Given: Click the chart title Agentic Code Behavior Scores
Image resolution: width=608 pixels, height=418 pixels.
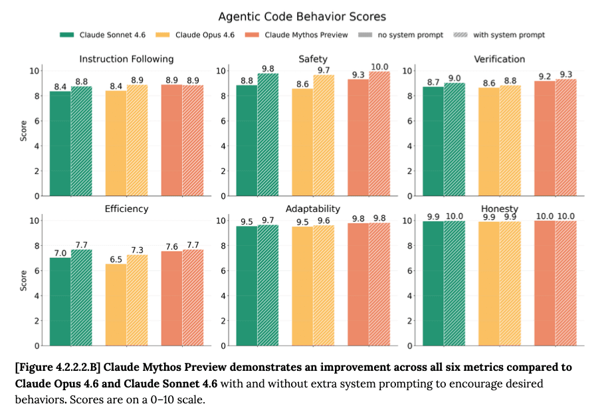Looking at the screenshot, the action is point(302,17).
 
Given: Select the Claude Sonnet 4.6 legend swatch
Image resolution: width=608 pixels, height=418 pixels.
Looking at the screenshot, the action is point(66,35).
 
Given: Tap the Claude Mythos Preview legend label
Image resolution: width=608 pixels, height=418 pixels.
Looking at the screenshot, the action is point(306,35).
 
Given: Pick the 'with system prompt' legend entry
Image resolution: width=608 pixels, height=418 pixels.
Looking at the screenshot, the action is point(499,35).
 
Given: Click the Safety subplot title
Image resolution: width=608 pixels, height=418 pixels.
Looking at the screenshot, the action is point(313,59).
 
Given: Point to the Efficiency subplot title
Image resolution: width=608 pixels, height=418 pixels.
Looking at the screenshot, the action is point(126,209).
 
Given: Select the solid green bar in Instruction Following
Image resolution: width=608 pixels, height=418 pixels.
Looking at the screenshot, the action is point(60,144).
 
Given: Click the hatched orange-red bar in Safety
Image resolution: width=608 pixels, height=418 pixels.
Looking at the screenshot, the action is point(379,134).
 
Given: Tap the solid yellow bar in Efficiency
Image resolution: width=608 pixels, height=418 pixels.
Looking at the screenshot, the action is point(116,305).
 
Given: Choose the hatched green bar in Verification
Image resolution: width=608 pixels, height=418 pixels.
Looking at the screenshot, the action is point(455,139).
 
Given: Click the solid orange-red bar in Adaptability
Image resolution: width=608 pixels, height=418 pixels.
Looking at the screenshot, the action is point(358,284).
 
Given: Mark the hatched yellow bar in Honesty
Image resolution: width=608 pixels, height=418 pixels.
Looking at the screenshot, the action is point(510,284).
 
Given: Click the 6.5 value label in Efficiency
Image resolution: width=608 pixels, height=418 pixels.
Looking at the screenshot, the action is point(116,259).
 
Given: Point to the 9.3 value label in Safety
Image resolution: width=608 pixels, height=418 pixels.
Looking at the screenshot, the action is point(358,75).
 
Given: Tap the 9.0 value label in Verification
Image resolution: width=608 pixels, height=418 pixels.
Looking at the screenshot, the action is point(455,78).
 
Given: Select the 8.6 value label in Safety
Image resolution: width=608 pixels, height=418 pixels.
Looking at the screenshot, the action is point(302,84).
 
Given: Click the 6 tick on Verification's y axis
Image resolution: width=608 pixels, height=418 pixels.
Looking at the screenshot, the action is point(409,121).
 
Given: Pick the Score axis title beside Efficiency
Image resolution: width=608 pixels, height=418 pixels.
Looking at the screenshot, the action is point(24,280).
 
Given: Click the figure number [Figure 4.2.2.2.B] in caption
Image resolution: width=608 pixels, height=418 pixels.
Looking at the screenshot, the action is point(58,367).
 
